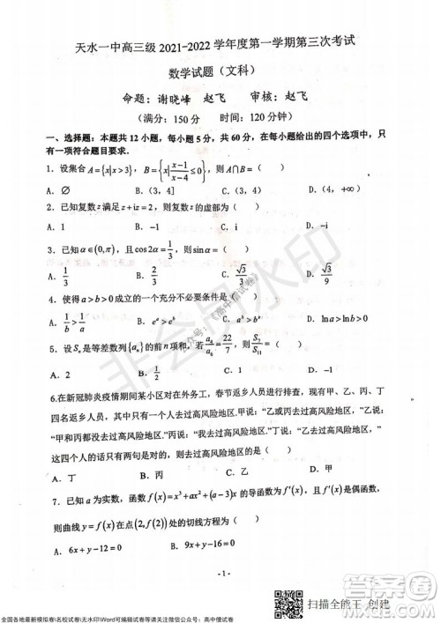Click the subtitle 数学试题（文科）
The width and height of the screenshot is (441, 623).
220,73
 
